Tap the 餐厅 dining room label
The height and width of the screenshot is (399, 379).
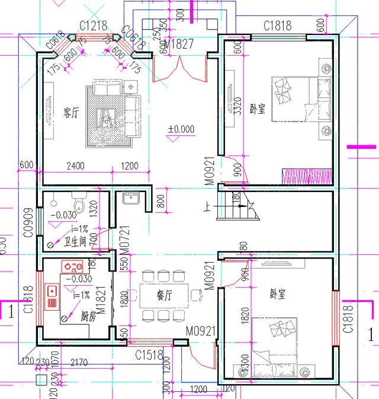click(x=164, y=293)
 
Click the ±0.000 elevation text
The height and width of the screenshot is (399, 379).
click(x=181, y=129)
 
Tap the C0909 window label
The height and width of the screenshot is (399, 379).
click(x=27, y=222)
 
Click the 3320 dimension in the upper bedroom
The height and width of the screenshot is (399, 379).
click(x=237, y=104)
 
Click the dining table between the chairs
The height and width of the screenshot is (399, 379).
click(x=164, y=295)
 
